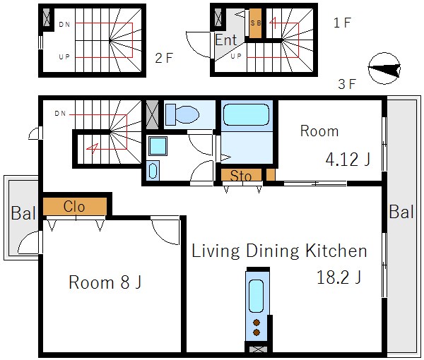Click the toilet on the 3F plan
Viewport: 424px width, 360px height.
pyautogui.click(x=182, y=114)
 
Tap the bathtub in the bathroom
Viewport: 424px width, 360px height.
pyautogui.click(x=246, y=114)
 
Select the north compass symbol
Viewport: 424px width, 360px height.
pyautogui.click(x=384, y=68)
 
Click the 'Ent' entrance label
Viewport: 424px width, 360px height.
pyautogui.click(x=226, y=40)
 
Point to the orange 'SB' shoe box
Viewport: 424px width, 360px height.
pyautogui.click(x=255, y=23)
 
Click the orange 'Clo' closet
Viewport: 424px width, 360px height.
pyautogui.click(x=75, y=207)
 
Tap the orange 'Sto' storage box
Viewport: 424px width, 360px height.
pyautogui.click(x=241, y=175)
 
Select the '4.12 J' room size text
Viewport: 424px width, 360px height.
pyautogui.click(x=348, y=159)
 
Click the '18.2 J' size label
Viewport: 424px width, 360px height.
pyautogui.click(x=338, y=277)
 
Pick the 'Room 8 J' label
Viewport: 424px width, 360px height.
pyautogui.click(x=105, y=282)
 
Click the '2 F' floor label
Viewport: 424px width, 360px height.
pyautogui.click(x=164, y=58)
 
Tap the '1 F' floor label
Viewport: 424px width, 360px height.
pyautogui.click(x=342, y=23)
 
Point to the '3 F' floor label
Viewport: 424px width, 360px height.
pyautogui.click(x=347, y=84)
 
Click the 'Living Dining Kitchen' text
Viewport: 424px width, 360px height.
pyautogui.click(x=279, y=251)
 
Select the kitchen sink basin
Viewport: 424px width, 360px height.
pyautogui.click(x=256, y=296)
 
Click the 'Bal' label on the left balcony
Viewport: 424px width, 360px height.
pyautogui.click(x=23, y=213)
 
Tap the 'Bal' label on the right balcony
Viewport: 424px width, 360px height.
pyautogui.click(x=401, y=212)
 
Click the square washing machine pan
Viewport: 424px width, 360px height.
pyautogui.click(x=158, y=146)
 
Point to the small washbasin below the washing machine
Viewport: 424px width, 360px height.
pyautogui.click(x=153, y=171)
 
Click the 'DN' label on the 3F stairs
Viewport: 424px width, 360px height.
pyautogui.click(x=60, y=114)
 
